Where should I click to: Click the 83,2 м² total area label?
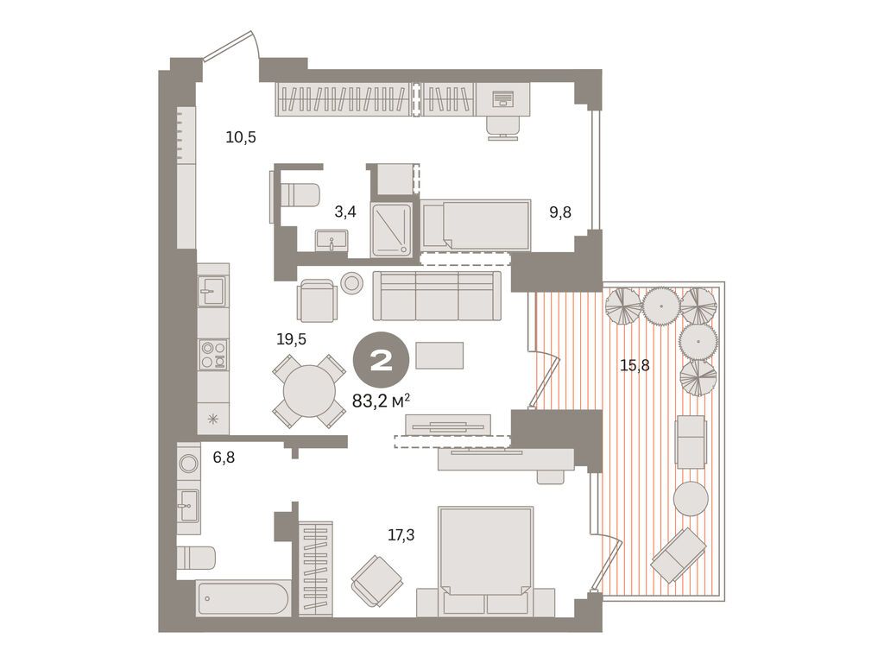(381, 400)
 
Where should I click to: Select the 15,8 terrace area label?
(635, 365)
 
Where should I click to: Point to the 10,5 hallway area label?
(241, 136)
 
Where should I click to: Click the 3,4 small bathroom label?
(345, 210)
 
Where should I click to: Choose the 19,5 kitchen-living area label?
(291, 339)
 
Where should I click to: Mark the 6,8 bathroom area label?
(224, 458)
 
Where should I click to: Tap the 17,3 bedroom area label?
(401, 535)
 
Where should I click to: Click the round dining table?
(309, 392)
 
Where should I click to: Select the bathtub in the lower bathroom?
(243, 598)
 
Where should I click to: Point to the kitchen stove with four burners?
(213, 354)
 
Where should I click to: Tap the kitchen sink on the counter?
(212, 292)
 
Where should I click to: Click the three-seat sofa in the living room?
(437, 295)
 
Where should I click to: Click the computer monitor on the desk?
(502, 99)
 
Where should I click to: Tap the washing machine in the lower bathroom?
(189, 463)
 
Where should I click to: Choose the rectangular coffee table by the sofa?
(439, 355)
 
